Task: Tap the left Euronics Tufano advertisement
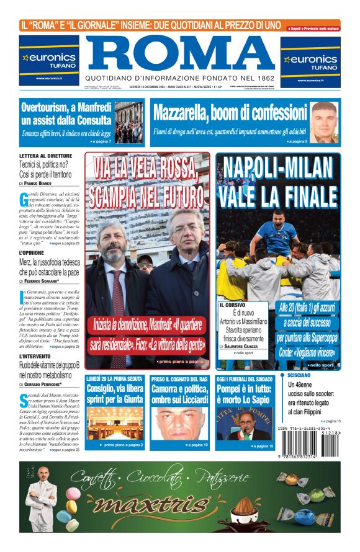[x=49, y=60]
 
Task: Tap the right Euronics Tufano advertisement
[x=310, y=61]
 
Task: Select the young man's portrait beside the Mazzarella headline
[x=325, y=122]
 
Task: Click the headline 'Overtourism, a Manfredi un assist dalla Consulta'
[x=65, y=115]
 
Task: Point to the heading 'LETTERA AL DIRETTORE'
[x=45, y=156]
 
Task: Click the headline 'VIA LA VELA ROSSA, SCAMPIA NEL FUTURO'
[x=148, y=182]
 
